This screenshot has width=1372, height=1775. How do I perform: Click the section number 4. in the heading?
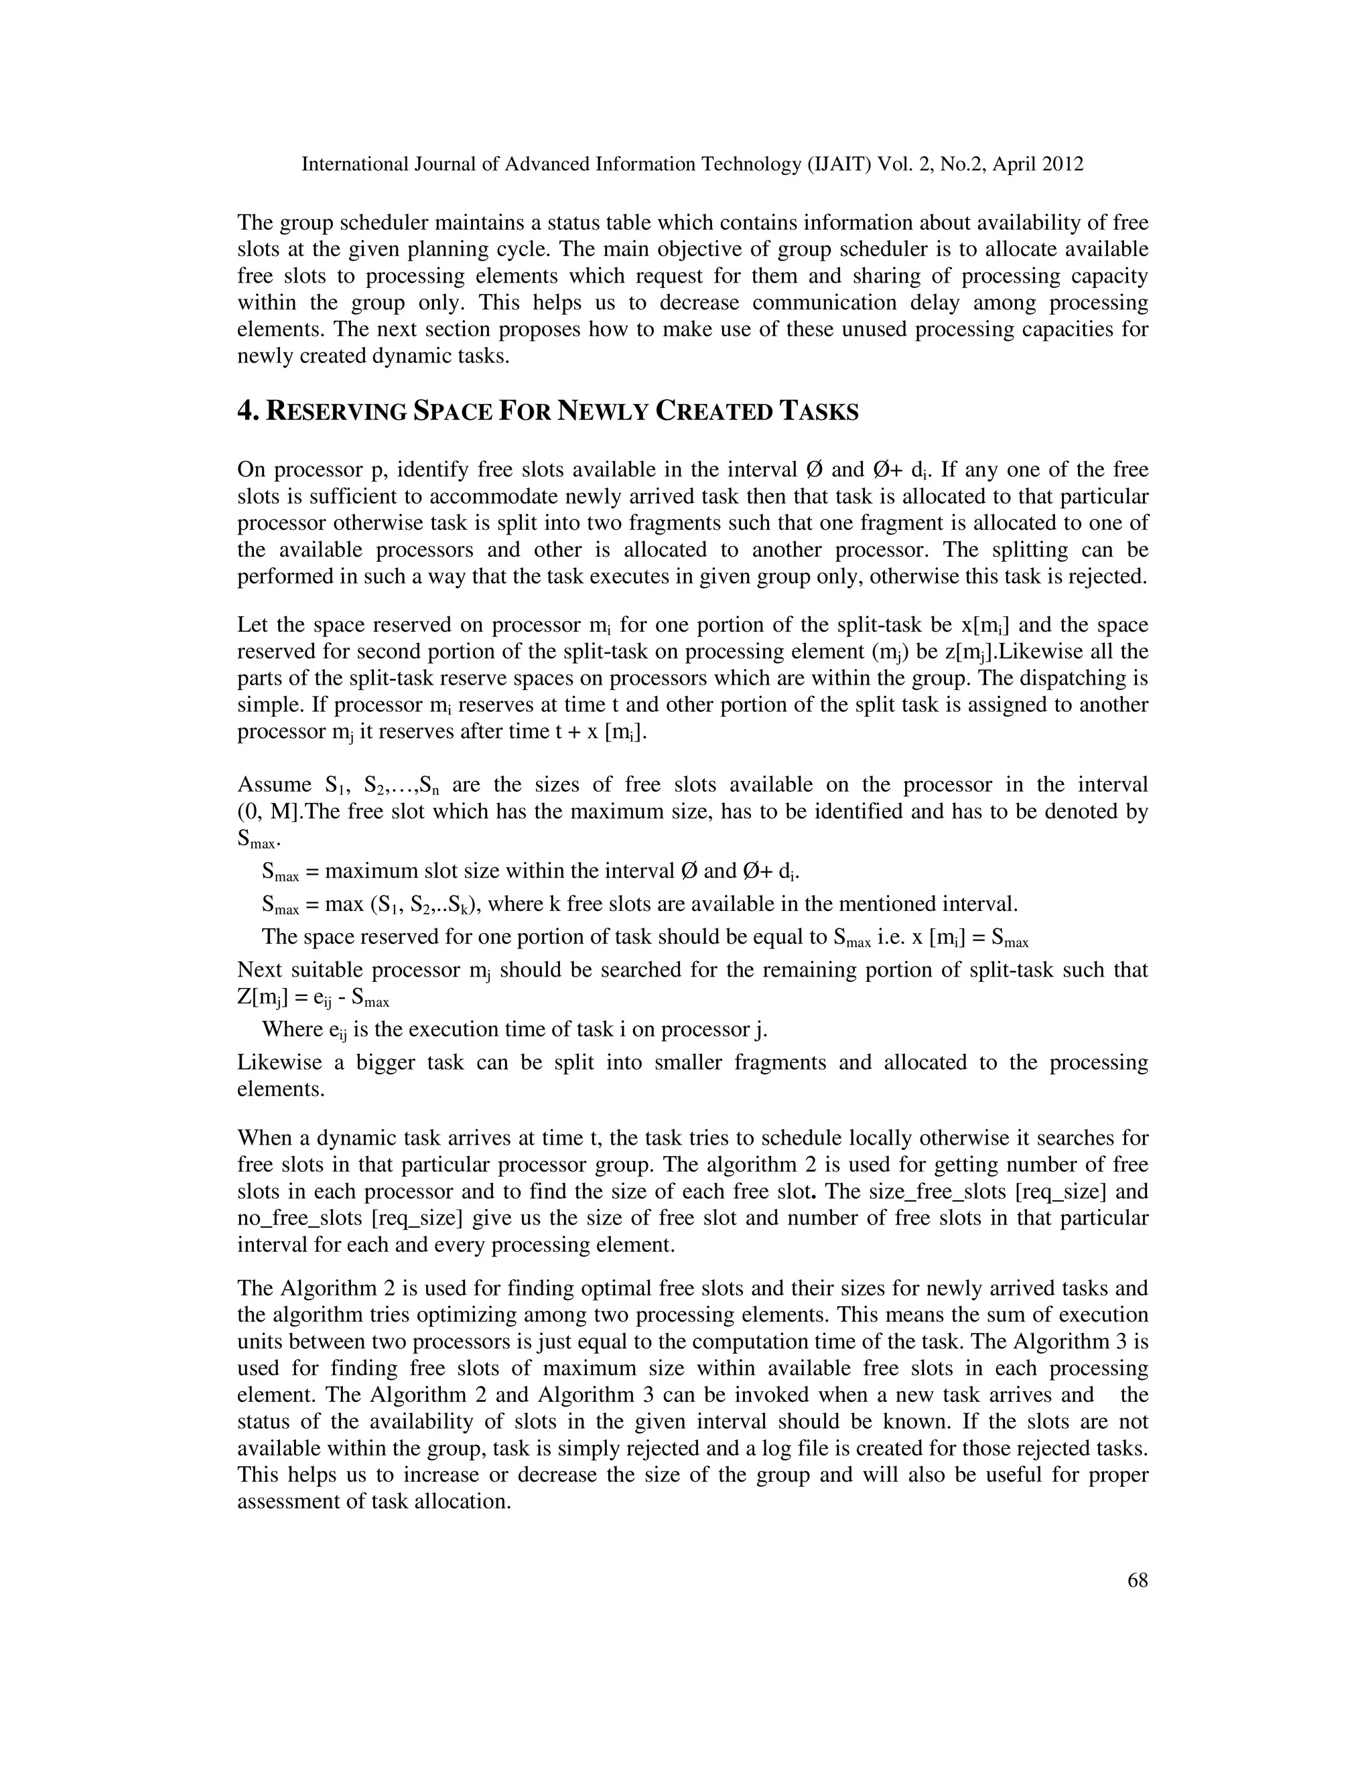[x=248, y=411]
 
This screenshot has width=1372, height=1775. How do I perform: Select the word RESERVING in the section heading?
[x=336, y=412]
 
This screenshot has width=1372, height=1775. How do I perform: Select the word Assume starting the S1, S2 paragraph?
[x=274, y=784]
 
